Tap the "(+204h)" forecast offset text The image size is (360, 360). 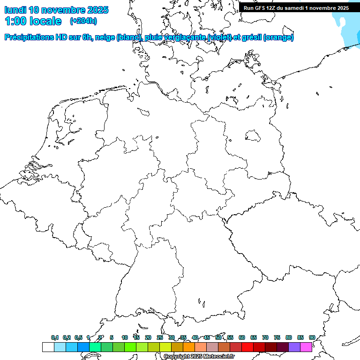pyautogui.click(x=83, y=21)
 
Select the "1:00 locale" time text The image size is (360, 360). pyautogui.click(x=33, y=21)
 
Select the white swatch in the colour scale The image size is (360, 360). pyautogui.click(x=48, y=347)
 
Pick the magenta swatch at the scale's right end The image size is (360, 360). pyautogui.click(x=306, y=347)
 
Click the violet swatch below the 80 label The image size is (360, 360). pyautogui.click(x=294, y=347)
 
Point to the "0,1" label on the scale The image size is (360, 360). pyautogui.click(x=55, y=337)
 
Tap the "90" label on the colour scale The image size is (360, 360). pyautogui.click(x=312, y=337)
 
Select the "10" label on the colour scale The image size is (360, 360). pyautogui.click(x=125, y=337)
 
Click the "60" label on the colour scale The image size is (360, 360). pyautogui.click(x=242, y=337)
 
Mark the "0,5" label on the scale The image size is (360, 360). pyautogui.click(x=78, y=337)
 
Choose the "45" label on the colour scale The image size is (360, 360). pyautogui.click(x=207, y=337)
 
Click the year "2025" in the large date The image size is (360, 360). pyautogui.click(x=97, y=10)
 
